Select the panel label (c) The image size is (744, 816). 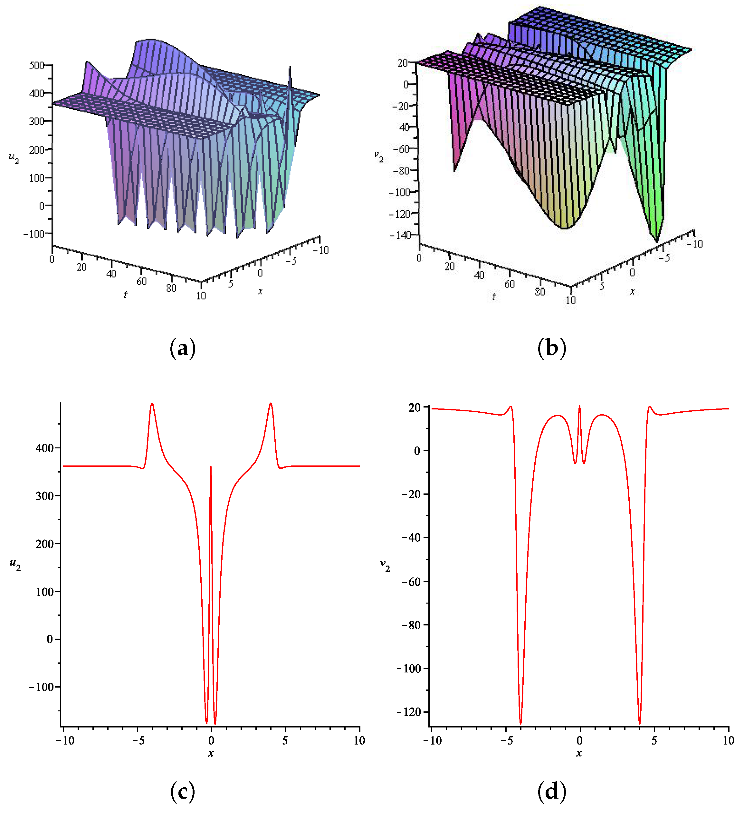tap(183, 791)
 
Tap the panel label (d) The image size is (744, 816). tap(552, 791)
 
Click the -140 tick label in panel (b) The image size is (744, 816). tap(400, 235)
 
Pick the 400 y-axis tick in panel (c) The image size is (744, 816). tap(44, 448)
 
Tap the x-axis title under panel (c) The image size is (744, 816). tap(211, 753)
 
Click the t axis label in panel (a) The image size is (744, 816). tap(126, 295)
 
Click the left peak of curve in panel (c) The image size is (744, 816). tap(152, 404)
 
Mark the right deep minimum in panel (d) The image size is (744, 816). tap(640, 723)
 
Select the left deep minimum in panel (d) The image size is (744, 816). tap(520, 723)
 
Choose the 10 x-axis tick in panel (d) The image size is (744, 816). tap(728, 741)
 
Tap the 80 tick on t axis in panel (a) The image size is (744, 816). tap(171, 288)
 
